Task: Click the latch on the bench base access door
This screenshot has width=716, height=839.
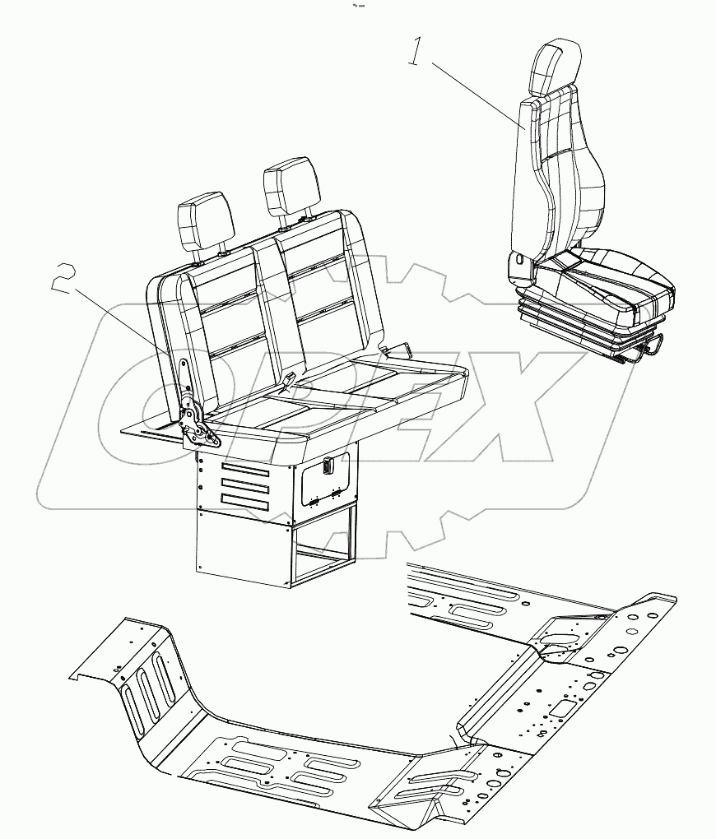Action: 327,466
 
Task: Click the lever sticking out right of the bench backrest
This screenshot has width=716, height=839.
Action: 398,350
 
